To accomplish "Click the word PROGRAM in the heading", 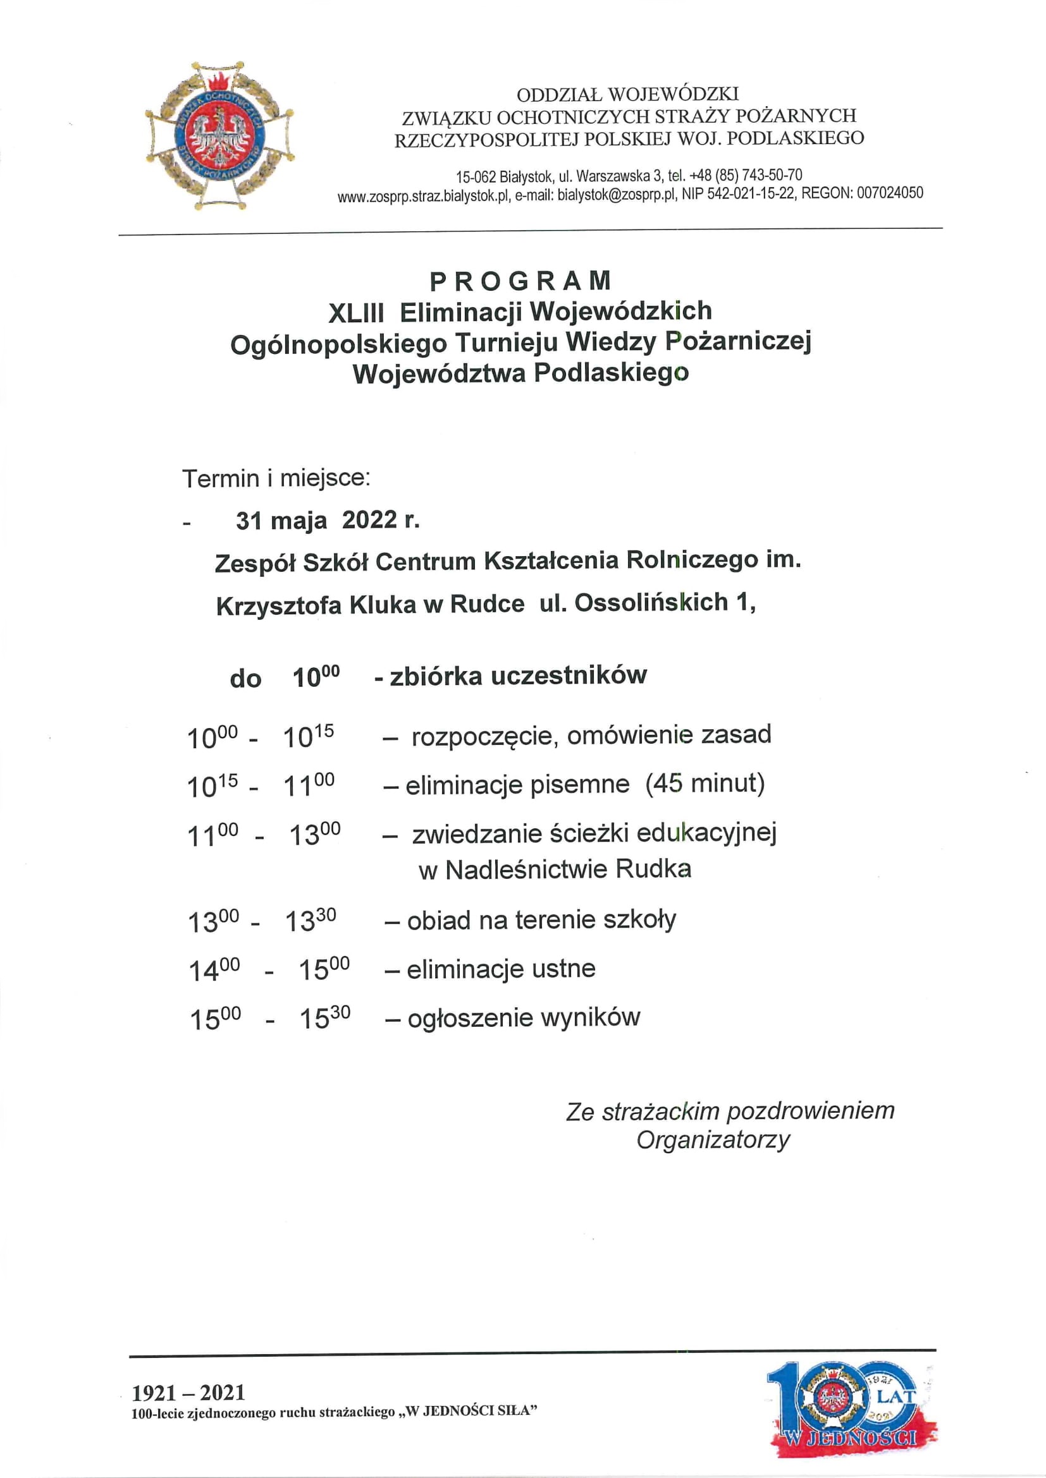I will point(520,281).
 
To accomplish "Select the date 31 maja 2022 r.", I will point(327,520).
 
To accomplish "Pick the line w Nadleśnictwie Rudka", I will point(555,869).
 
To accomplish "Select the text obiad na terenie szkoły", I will point(541,921).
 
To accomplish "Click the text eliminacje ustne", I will point(500,969).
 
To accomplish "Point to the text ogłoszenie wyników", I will point(524,1018).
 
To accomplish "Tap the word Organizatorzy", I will point(713,1140).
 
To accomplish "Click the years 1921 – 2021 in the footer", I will point(188,1393).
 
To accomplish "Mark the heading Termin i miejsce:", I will point(276,478).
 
